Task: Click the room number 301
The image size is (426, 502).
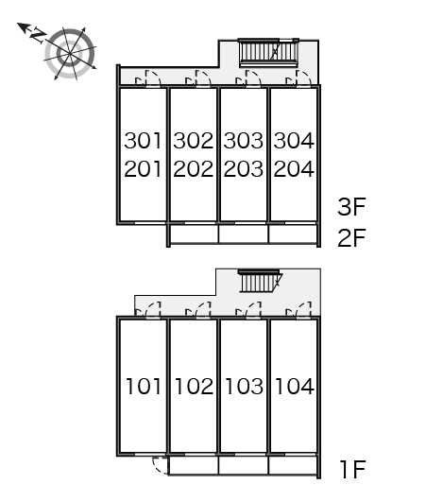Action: point(143,142)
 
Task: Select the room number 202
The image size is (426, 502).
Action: point(193,170)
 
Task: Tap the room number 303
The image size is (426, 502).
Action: point(243,142)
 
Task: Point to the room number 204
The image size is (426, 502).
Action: point(293,170)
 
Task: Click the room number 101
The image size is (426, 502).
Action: point(143,386)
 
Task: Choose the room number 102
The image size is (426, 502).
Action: point(193,386)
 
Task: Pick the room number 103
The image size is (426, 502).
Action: point(243,386)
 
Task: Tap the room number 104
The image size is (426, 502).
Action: point(293,386)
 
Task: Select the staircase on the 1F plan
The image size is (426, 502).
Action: point(260,281)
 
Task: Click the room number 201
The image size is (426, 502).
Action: point(143,170)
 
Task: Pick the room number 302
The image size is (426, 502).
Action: point(193,142)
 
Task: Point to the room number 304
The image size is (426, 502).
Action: point(293,142)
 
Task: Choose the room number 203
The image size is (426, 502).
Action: point(243,170)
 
